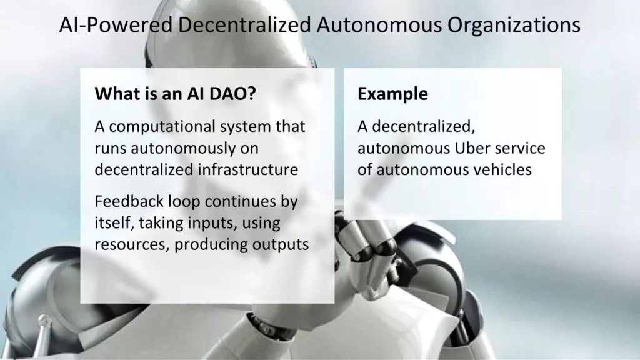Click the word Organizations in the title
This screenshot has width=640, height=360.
514,25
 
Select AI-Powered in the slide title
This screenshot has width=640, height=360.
116,24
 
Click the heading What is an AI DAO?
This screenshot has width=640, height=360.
176,94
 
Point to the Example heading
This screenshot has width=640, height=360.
392,94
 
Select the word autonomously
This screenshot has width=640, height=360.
183,149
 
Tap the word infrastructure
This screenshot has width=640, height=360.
248,169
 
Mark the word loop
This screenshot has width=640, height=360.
184,202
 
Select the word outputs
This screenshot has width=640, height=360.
281,245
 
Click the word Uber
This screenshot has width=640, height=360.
472,147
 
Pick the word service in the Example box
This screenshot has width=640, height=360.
520,148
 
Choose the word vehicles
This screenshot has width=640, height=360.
501,169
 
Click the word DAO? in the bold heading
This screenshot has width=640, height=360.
232,94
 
